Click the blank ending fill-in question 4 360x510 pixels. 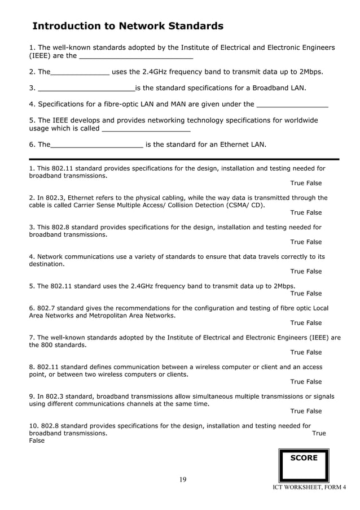coord(292,105)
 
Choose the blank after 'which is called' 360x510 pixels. coord(146,130)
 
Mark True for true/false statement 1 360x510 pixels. coord(297,183)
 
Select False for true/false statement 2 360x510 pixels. coord(314,212)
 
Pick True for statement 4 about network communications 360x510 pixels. coord(297,271)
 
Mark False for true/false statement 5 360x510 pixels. coord(314,293)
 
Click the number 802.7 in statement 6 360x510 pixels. coord(47,308)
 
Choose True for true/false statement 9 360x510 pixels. coord(297,411)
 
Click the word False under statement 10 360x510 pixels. coord(37,441)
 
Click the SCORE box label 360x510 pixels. coord(304,458)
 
